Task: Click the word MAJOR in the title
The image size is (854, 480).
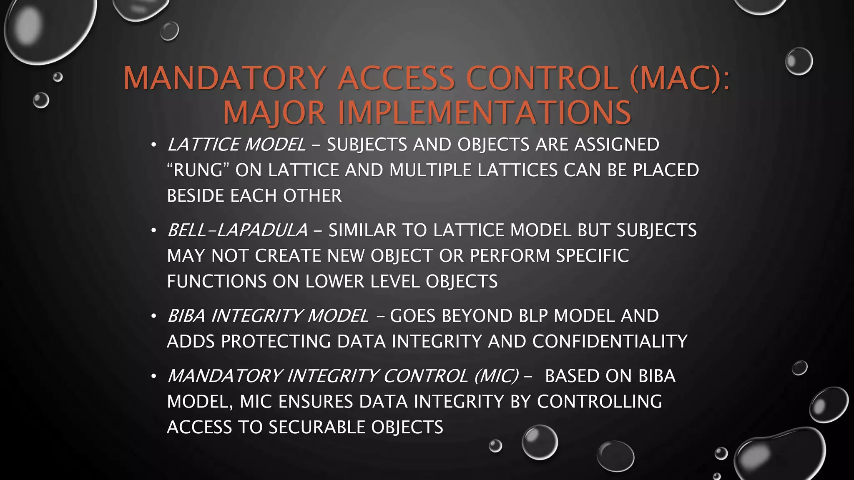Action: pos(274,113)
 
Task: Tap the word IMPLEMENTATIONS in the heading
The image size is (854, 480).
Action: pos(485,113)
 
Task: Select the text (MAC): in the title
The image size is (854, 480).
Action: pos(680,78)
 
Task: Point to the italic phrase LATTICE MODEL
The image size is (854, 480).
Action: pos(236,145)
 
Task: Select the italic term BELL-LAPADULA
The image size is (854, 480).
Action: pos(237,230)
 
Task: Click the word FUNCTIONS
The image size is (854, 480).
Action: pos(216,281)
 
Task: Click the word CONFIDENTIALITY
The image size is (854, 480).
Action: pos(610,342)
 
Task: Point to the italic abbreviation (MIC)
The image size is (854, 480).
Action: pos(497,376)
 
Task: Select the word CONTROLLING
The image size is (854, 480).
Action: pos(599,402)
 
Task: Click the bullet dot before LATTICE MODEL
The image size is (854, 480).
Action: pos(153,145)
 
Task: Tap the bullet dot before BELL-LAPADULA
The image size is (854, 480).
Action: pos(153,230)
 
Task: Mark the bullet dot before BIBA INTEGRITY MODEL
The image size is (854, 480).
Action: pos(153,316)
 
